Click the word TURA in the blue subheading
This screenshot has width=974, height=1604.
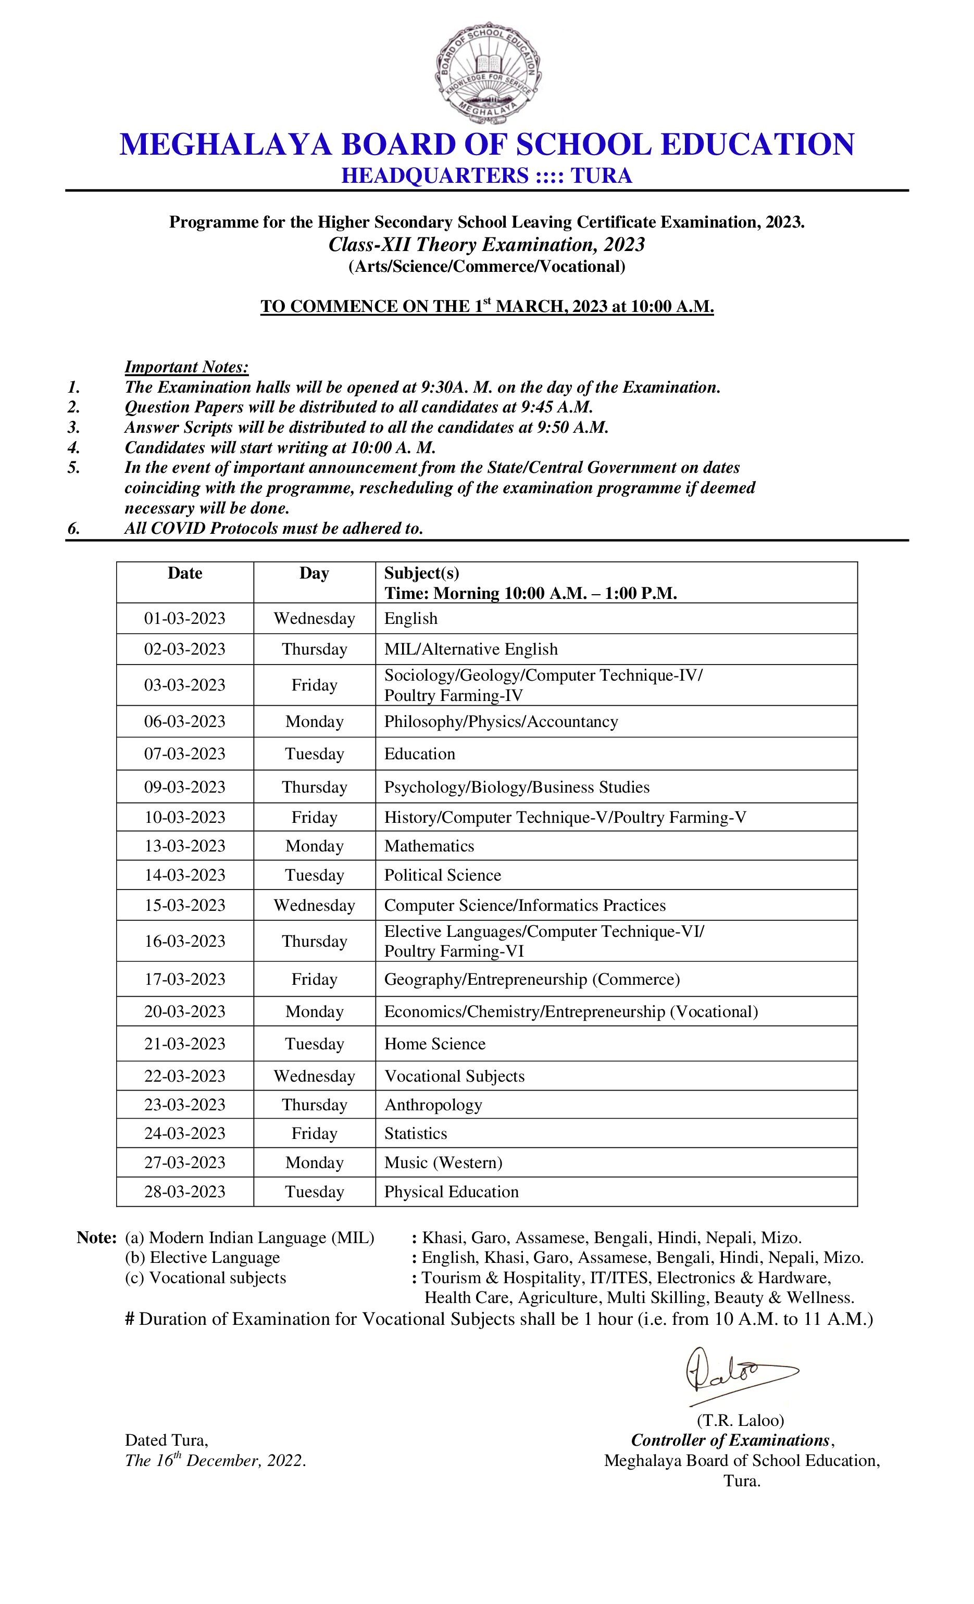(x=601, y=176)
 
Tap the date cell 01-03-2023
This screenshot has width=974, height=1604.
(x=185, y=619)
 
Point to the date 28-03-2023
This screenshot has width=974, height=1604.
(x=185, y=1192)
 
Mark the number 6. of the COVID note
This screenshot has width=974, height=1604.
(x=73, y=529)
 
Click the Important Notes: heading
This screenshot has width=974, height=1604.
(x=187, y=367)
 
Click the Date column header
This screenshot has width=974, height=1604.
(x=185, y=573)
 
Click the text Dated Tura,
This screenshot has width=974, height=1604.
(x=166, y=1440)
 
